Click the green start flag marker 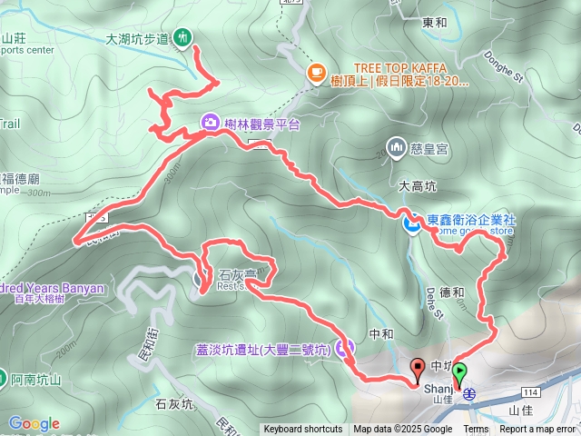460,372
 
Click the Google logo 34,423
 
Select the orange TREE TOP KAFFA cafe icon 316,73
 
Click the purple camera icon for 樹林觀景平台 209,123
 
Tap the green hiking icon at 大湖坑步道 183,38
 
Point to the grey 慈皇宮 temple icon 396,145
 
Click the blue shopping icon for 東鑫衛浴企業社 411,222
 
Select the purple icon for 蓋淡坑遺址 343,347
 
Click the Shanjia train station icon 470,392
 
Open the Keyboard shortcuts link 303,430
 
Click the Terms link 476,430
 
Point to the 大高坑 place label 418,185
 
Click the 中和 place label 381,334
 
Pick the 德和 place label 451,292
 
